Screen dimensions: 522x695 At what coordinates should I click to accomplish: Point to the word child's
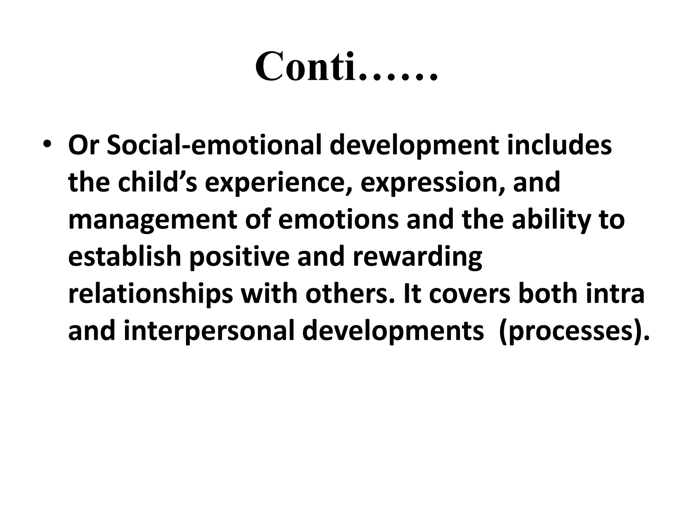[x=157, y=182]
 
